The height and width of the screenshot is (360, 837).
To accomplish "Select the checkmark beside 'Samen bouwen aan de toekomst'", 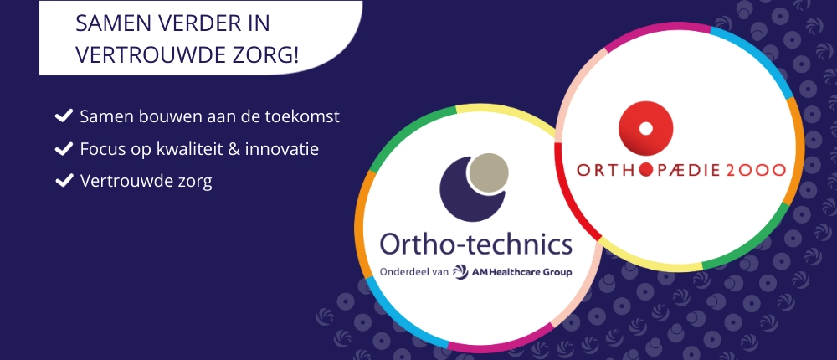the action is coord(64,116).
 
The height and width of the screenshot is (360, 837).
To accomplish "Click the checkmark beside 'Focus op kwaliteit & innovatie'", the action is coord(64,148).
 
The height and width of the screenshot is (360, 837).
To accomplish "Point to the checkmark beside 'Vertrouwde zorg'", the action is coord(64,181).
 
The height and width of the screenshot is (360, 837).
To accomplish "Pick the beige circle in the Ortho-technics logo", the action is coord(488,173).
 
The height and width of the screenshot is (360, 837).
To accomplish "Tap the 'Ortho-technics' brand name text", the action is coord(475,245).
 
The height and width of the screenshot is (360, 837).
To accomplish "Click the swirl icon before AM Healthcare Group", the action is coord(460,272).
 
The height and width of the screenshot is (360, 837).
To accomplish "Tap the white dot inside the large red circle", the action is coord(646,128).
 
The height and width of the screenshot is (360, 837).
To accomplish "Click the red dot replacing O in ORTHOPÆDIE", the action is coord(646,170).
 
